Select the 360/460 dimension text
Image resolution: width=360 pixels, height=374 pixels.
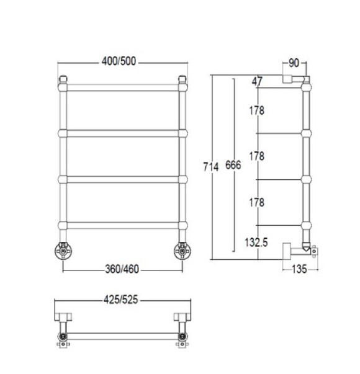122,269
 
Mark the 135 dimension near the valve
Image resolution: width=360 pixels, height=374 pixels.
299,269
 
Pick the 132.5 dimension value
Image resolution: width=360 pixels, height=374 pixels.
255,242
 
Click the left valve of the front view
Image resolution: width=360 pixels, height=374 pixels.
63,251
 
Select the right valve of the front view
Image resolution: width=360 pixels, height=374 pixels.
182,251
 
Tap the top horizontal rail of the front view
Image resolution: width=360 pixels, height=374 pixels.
122,86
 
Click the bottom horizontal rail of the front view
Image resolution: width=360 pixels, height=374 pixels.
122,225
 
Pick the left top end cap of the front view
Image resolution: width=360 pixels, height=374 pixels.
63,79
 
